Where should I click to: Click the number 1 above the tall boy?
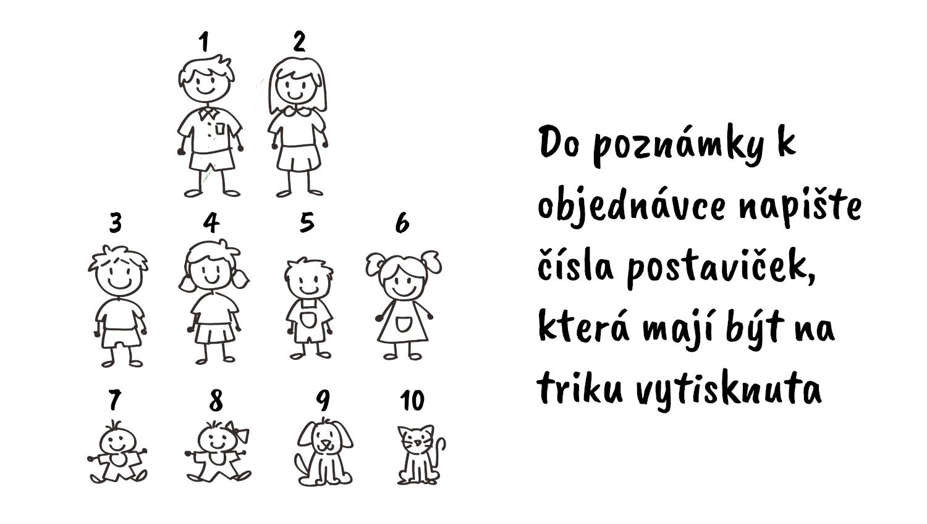pyautogui.click(x=203, y=42)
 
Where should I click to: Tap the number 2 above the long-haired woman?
pyautogui.click(x=299, y=41)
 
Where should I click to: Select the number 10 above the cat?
pyautogui.click(x=412, y=400)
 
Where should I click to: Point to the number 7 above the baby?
pyautogui.click(x=114, y=400)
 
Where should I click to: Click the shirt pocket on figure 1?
pyautogui.click(x=220, y=128)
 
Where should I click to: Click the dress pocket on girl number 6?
pyautogui.click(x=404, y=324)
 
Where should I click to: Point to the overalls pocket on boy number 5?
pyautogui.click(x=308, y=320)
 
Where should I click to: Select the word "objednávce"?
pyautogui.click(x=632, y=207)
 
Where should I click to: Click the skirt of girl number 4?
pyautogui.click(x=215, y=333)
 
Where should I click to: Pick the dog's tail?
pyautogui.click(x=302, y=465)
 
